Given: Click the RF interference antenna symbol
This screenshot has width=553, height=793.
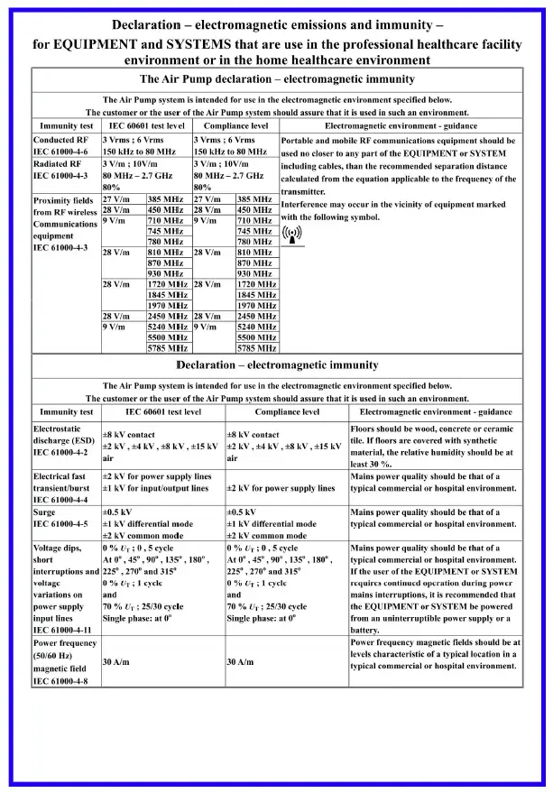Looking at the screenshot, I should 292,236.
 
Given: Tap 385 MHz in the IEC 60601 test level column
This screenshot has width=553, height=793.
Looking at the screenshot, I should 166,198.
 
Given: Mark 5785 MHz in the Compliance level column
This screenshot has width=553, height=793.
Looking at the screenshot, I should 256,347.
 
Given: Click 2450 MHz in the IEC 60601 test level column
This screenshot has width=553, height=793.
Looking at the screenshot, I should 166,317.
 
